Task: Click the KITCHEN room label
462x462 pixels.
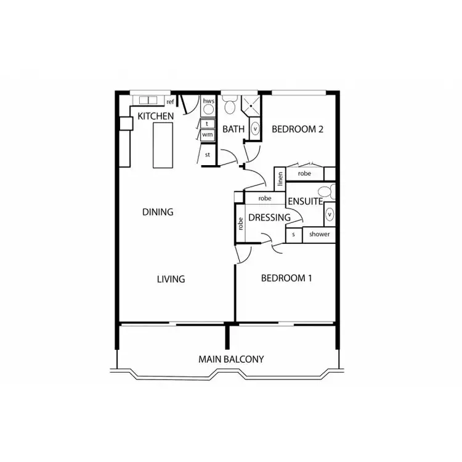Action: click(155, 116)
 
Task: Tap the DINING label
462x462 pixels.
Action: click(158, 212)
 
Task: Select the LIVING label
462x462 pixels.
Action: click(171, 279)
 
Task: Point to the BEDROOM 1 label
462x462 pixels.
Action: click(286, 278)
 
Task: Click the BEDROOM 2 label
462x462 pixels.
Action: click(298, 129)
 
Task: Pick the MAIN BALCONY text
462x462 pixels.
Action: click(231, 359)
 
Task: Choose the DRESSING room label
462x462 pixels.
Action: click(269, 217)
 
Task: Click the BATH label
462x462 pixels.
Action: click(233, 129)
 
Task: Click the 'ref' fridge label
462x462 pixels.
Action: click(171, 102)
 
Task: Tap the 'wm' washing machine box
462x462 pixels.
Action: click(208, 134)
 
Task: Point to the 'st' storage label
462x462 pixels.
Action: click(208, 155)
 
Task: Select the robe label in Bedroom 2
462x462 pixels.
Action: click(304, 174)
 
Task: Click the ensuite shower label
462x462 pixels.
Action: click(319, 234)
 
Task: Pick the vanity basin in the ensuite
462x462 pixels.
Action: click(330, 214)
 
